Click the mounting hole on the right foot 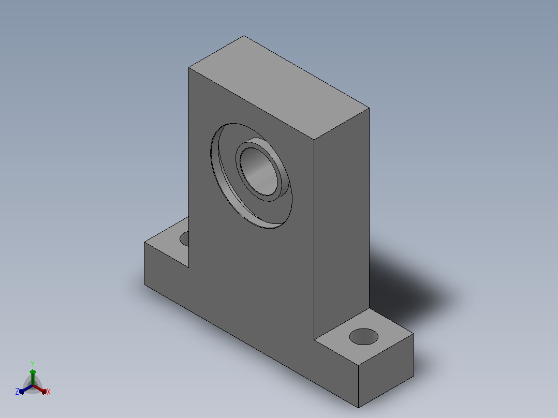[x=364, y=337]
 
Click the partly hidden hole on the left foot [x=184, y=238]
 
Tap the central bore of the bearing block [x=259, y=171]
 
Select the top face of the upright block [x=279, y=87]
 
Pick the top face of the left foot [x=167, y=242]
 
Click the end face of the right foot [x=386, y=370]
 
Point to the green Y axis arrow [x=33, y=377]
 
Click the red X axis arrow [x=40, y=389]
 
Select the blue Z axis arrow [x=26, y=389]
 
